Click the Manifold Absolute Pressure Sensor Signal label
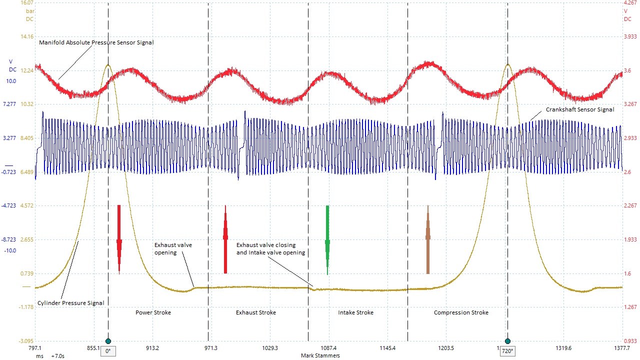tap(96, 42)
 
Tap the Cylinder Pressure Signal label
tap(71, 302)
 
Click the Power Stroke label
tap(153, 312)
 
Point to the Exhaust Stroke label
tap(256, 312)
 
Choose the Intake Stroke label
tap(355, 312)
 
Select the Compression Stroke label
tap(461, 312)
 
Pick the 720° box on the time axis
tap(508, 351)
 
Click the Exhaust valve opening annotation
tap(173, 248)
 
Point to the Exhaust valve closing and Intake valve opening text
tap(270, 248)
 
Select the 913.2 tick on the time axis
tap(152, 348)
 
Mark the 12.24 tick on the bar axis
tap(26, 70)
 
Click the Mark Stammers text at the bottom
tap(320, 355)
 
